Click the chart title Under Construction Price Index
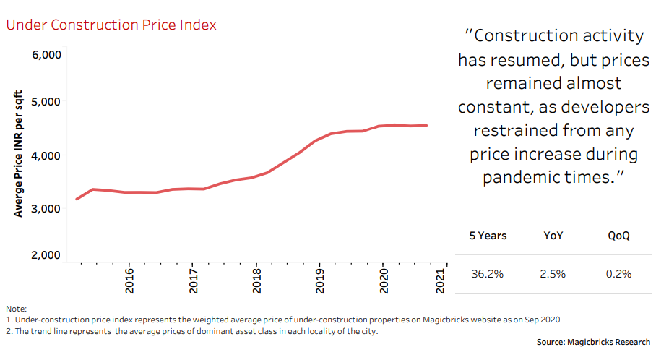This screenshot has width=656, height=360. (x=111, y=25)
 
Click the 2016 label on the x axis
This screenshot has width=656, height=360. (x=129, y=281)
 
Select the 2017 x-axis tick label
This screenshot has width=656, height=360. (x=193, y=281)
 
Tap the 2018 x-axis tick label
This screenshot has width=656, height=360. (x=256, y=281)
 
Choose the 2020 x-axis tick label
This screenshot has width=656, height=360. (x=384, y=281)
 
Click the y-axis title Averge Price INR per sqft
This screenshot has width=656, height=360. (x=19, y=154)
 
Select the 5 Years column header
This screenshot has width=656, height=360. (x=488, y=236)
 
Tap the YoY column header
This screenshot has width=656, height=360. (x=554, y=236)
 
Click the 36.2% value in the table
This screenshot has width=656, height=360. (x=488, y=274)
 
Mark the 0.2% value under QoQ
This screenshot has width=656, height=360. (x=620, y=274)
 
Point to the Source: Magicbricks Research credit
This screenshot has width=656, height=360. (x=593, y=342)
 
